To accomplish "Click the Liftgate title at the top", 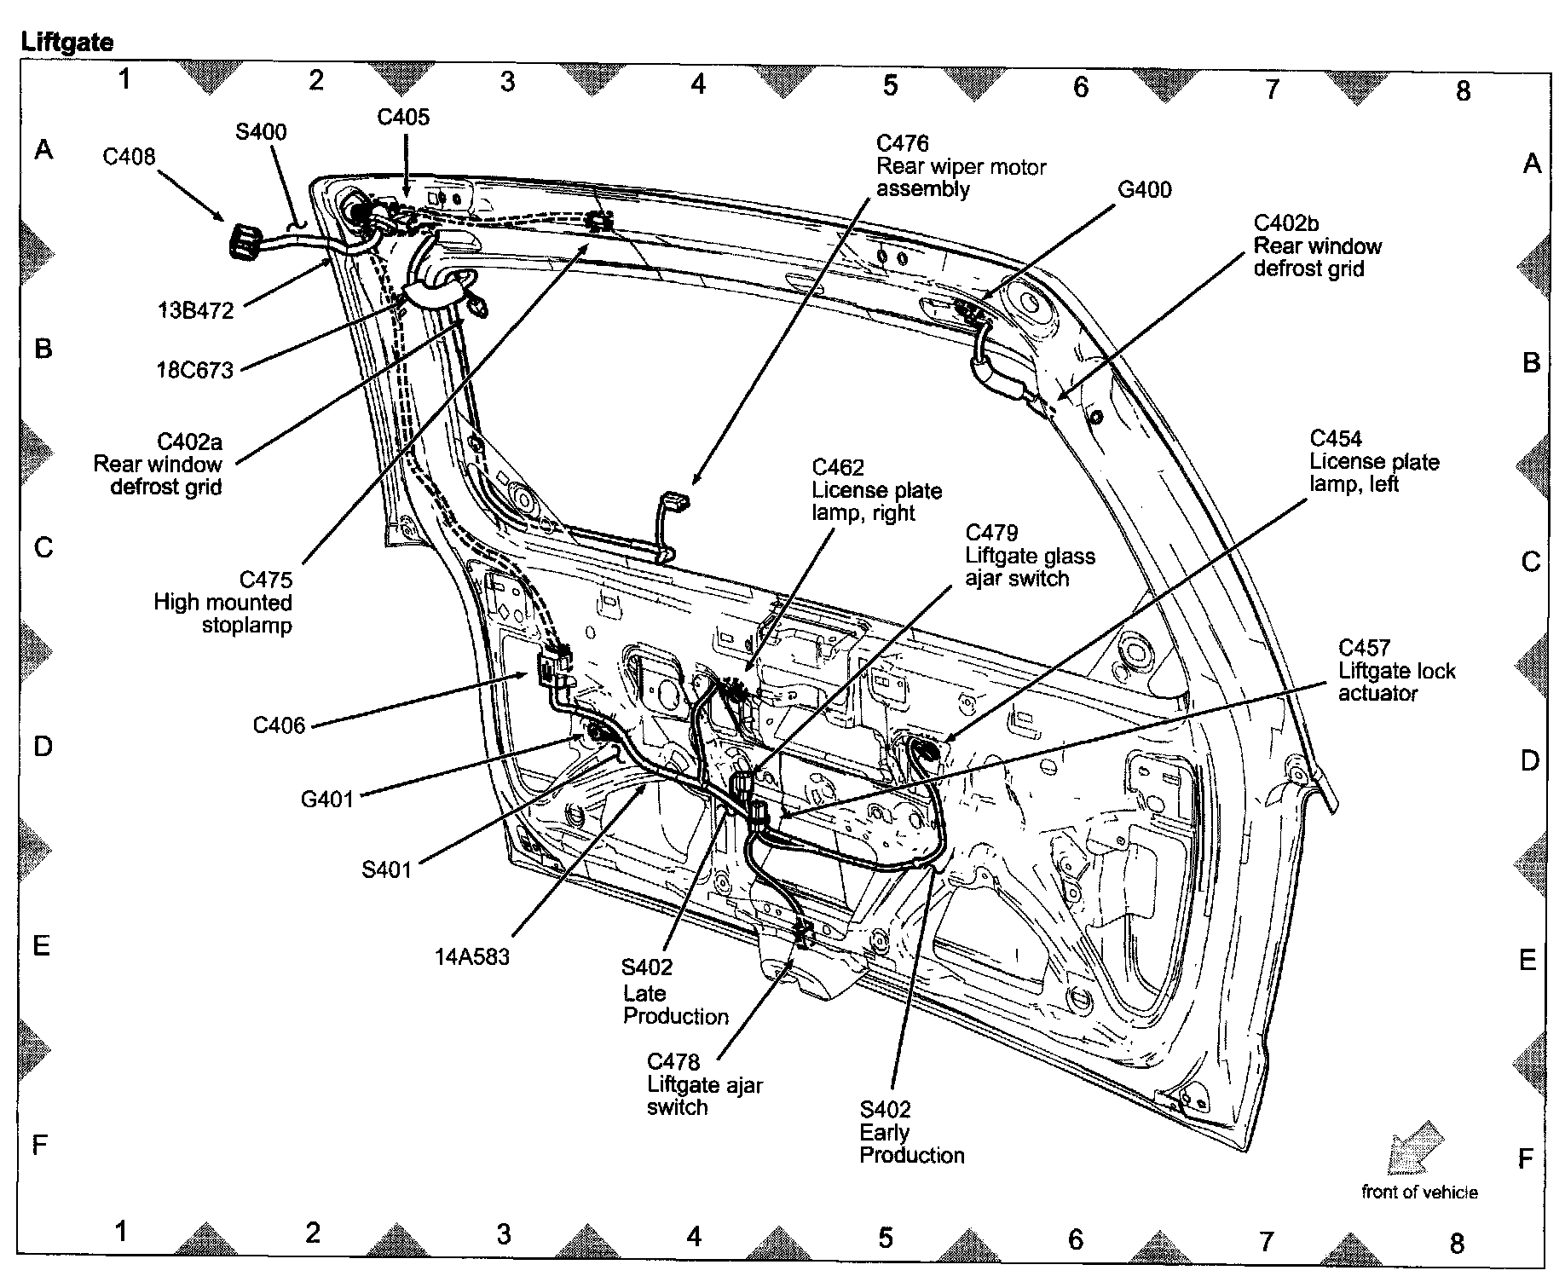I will coord(66,41).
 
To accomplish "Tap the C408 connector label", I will coord(129,157).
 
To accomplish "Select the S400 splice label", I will coord(261,132).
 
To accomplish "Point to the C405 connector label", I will coord(403,117).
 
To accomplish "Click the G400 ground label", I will coord(1144,189).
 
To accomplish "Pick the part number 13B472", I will coord(195,310).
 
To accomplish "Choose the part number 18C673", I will coord(194,370).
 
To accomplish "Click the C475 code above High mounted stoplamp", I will coord(266,580).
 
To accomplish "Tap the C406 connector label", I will coord(279,725).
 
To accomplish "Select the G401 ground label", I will coord(326,800).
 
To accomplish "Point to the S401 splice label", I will coord(386,869).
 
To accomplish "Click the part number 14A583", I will coord(471,957).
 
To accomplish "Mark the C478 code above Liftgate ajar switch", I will coord(673,1062).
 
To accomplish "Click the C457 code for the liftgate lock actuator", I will coord(1364,648).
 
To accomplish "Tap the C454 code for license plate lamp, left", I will coord(1336,439).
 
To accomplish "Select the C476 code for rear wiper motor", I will coord(902,144).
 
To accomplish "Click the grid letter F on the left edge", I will coord(39,1145).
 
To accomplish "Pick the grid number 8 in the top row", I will coord(1464,91).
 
